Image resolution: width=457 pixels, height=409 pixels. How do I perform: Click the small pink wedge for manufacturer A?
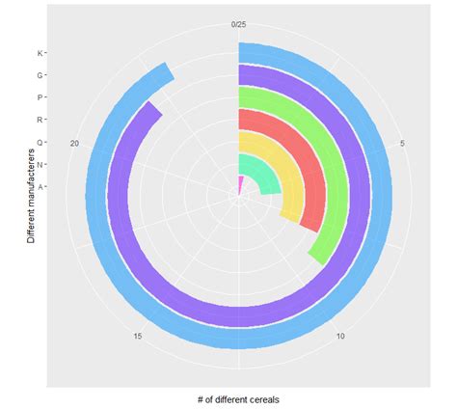coord(240,183)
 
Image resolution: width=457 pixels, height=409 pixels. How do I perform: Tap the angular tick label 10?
coord(340,336)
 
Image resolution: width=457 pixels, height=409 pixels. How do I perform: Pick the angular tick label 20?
coord(76,145)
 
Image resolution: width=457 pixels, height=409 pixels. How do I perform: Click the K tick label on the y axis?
coord(39,53)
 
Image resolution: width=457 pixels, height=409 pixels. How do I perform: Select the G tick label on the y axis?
coord(39,75)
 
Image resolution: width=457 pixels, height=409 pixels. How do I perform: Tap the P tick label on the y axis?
coord(39,97)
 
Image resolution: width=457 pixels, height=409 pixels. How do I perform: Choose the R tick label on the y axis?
coord(39,120)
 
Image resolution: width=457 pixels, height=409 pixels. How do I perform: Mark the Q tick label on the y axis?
coord(39,142)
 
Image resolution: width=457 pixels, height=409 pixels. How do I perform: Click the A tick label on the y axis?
coord(39,186)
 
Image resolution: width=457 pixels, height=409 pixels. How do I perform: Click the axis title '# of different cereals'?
coord(239,398)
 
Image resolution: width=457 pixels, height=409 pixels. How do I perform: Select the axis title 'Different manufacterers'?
coord(31,194)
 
